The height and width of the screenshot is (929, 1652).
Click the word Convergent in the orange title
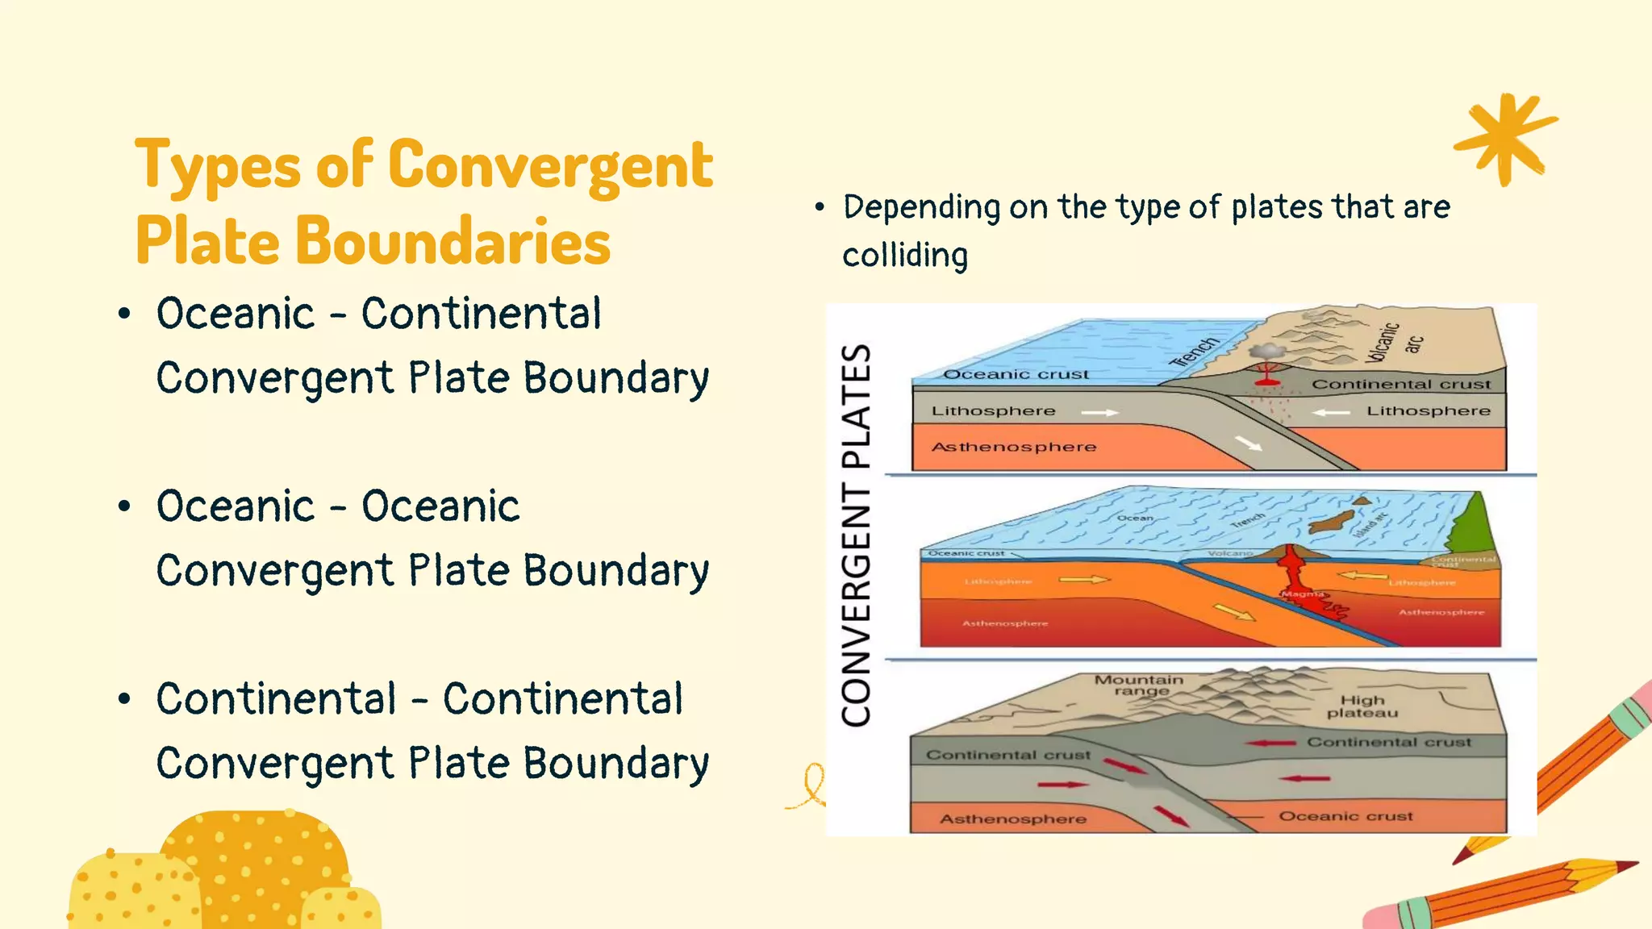tap(550, 165)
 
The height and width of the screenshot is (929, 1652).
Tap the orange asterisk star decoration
tap(1505, 139)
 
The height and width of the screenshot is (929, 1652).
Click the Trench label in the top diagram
tap(1195, 352)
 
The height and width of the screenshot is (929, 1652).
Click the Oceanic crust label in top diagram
tap(1016, 374)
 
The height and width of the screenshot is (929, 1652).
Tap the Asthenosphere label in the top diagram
tap(1014, 447)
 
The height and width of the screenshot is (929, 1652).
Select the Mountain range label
tap(1138, 685)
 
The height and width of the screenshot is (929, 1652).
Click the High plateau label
tap(1362, 706)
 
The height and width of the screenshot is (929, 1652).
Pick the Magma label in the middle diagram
tap(1302, 594)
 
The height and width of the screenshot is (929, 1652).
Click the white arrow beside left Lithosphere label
tap(1099, 412)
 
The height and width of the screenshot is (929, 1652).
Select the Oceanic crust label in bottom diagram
tap(1345, 816)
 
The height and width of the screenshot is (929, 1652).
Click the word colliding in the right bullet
tap(905, 256)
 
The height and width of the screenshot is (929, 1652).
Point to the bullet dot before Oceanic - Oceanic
tap(123, 506)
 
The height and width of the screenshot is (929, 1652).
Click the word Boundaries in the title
tap(453, 241)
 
